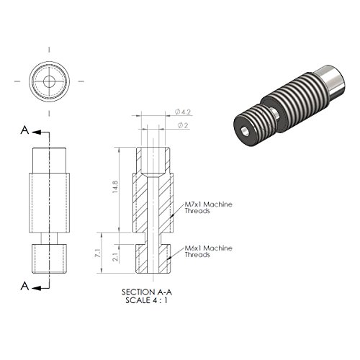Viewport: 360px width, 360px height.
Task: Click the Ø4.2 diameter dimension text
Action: pyautogui.click(x=183, y=112)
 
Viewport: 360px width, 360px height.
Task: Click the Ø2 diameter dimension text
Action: pyautogui.click(x=183, y=125)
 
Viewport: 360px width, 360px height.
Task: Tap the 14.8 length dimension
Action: pyautogui.click(x=115, y=187)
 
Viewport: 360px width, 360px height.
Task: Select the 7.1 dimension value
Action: pyautogui.click(x=97, y=253)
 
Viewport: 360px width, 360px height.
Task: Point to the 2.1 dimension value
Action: pyautogui.click(x=115, y=257)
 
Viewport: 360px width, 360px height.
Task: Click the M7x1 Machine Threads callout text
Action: pyautogui.click(x=208, y=207)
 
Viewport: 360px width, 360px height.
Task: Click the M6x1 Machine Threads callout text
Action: pyautogui.click(x=208, y=251)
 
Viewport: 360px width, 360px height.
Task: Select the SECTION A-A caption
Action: pyautogui.click(x=147, y=292)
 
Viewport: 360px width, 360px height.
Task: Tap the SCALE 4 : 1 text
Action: pyautogui.click(x=146, y=300)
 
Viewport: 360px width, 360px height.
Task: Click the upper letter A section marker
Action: pyautogui.click(x=24, y=130)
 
